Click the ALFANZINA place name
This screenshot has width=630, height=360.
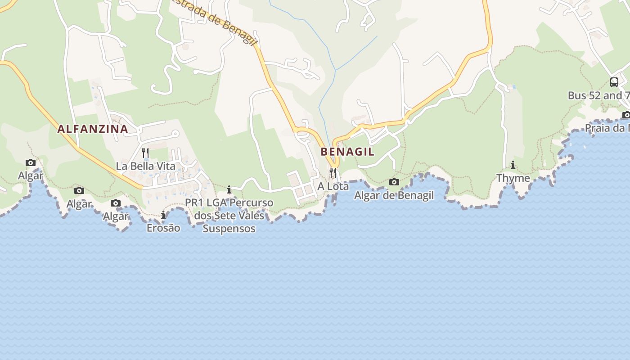click(93, 129)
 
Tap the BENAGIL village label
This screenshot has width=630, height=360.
click(347, 152)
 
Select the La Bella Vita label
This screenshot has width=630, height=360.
click(145, 166)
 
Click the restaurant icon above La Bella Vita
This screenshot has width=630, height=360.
click(145, 153)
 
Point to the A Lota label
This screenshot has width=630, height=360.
click(333, 186)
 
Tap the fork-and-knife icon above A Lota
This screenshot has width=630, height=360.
click(333, 173)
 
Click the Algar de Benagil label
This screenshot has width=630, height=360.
click(394, 195)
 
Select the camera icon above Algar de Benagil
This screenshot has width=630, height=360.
click(394, 182)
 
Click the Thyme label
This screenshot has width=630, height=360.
click(513, 178)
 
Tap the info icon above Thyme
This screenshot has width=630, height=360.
click(513, 165)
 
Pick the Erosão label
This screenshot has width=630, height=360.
click(163, 228)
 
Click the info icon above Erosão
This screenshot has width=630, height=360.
click(163, 215)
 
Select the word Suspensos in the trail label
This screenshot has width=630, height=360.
click(229, 229)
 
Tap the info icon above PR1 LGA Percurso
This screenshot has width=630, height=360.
click(229, 190)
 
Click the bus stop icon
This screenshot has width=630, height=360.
click(614, 82)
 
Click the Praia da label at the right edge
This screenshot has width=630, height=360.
click(607, 128)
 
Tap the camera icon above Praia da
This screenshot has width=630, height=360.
click(626, 115)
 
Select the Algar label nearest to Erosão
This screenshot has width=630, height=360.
click(116, 216)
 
